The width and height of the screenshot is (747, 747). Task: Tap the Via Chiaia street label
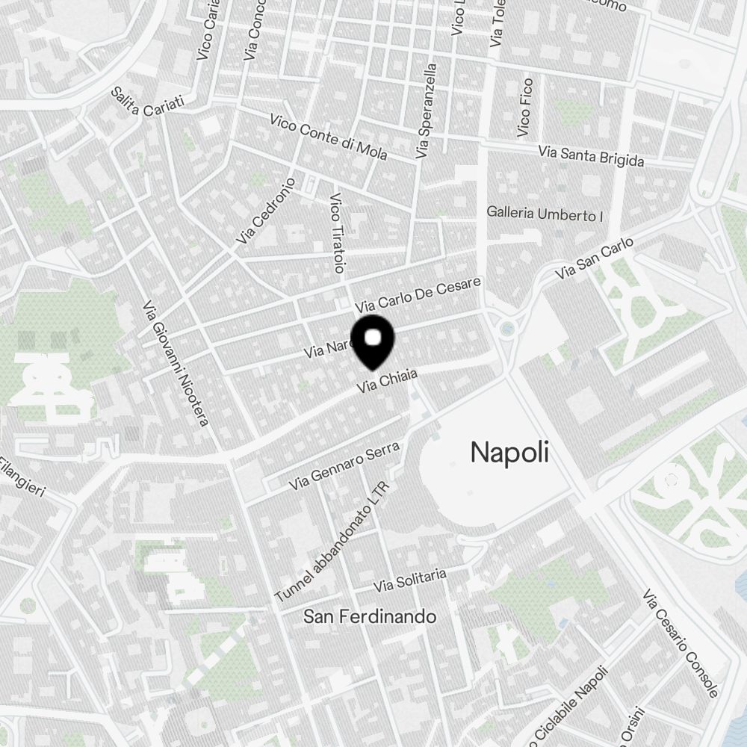point(386,381)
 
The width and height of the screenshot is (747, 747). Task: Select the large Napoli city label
point(509,452)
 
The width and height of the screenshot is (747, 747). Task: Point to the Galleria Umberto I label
point(545,214)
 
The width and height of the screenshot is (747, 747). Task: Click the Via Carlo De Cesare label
point(419,295)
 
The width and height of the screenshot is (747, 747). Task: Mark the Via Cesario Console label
point(681,643)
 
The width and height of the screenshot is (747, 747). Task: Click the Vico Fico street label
point(525,107)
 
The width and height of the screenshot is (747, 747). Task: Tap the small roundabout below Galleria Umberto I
point(509,327)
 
